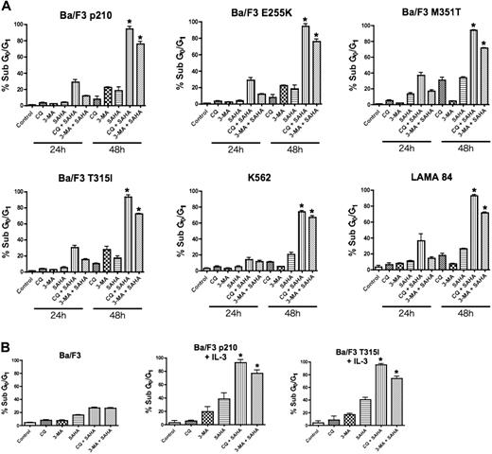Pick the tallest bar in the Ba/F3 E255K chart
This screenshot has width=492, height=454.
pos(305,65)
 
